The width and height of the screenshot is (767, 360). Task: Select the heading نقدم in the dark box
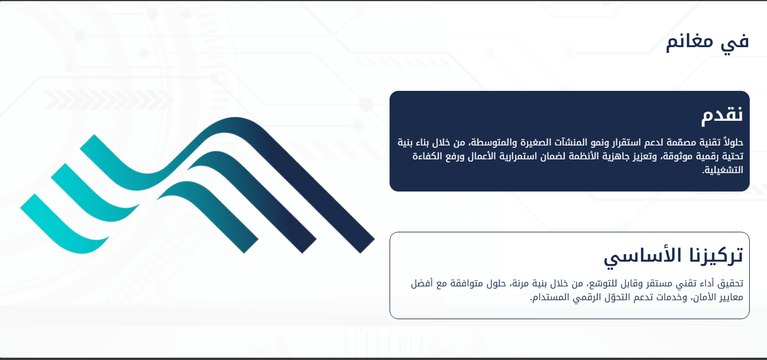coord(722,114)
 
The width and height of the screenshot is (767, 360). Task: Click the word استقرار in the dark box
coord(616,142)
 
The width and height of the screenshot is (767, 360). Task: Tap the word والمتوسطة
coord(486,142)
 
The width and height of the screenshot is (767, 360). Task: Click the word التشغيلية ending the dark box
coord(723,170)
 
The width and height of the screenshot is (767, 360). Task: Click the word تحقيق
coord(731,284)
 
